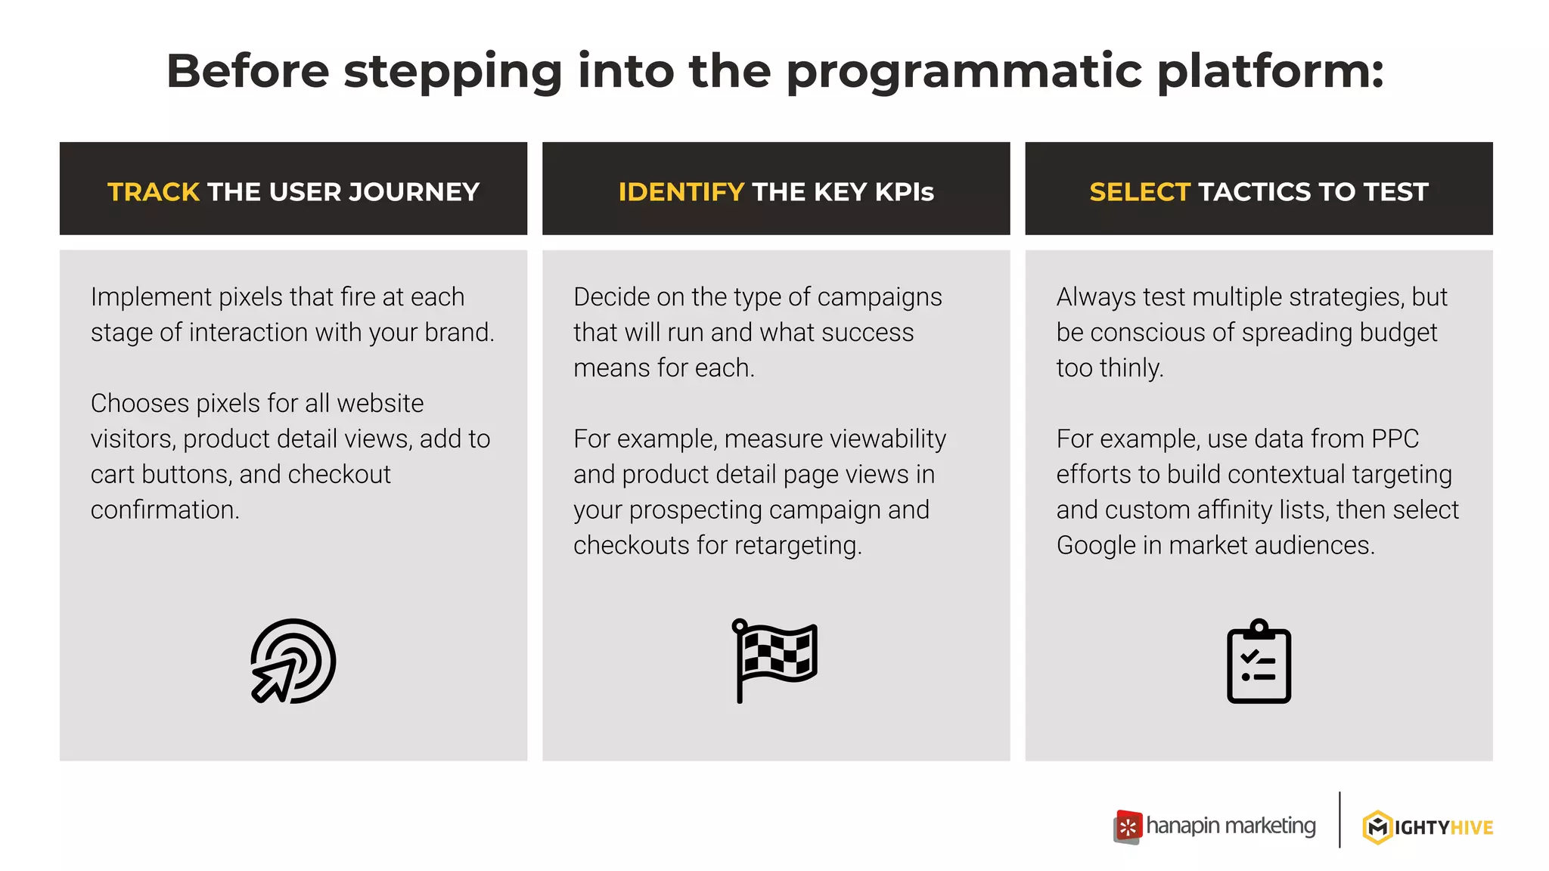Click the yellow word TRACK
pos(154,192)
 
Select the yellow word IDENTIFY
pos(681,192)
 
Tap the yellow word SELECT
pos(1140,192)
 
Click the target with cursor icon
pos(293,662)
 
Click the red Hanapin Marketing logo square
pos(1128,826)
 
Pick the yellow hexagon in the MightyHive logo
pos(1377,827)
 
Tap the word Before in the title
pos(248,72)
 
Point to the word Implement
pos(151,297)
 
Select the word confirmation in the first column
pos(164,510)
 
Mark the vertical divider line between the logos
pos(1339,820)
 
